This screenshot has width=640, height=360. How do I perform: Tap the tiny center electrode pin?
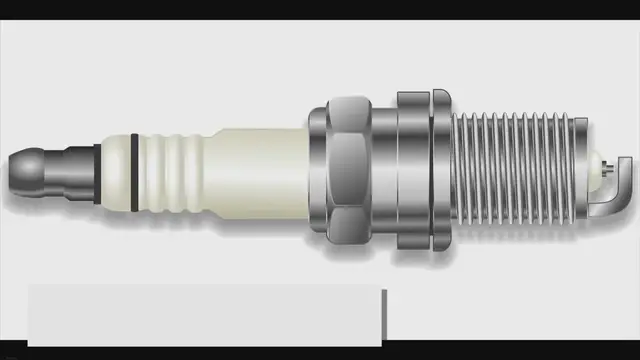(x=607, y=171)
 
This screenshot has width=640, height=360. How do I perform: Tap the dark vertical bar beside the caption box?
(x=383, y=315)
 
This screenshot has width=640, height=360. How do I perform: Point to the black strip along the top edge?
(x=320, y=9)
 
